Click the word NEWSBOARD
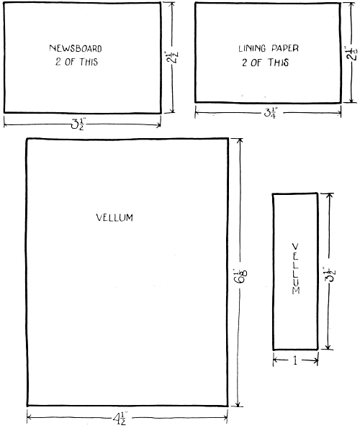pyautogui.click(x=76, y=48)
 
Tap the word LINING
pyautogui.click(x=252, y=48)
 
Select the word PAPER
pyautogui.click(x=285, y=48)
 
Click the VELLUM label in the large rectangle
pyautogui.click(x=114, y=217)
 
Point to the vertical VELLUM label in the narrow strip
pyautogui.click(x=296, y=268)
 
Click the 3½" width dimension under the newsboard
pyautogui.click(x=78, y=125)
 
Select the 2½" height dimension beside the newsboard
pyautogui.click(x=172, y=57)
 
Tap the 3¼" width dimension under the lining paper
pyautogui.click(x=271, y=113)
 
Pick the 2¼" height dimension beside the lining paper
pyautogui.click(x=351, y=53)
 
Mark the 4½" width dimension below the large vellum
pyautogui.click(x=120, y=419)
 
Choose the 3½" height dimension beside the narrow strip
pyautogui.click(x=330, y=275)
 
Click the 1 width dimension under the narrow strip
pyautogui.click(x=295, y=361)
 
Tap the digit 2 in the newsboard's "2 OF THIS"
pyautogui.click(x=58, y=62)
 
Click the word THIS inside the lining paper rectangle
pyautogui.click(x=278, y=63)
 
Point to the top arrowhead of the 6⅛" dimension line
pyautogui.click(x=240, y=140)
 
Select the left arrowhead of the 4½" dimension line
pyautogui.click(x=29, y=417)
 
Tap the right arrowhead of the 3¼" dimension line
pyautogui.click(x=339, y=113)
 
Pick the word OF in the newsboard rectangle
pyautogui.click(x=70, y=62)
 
